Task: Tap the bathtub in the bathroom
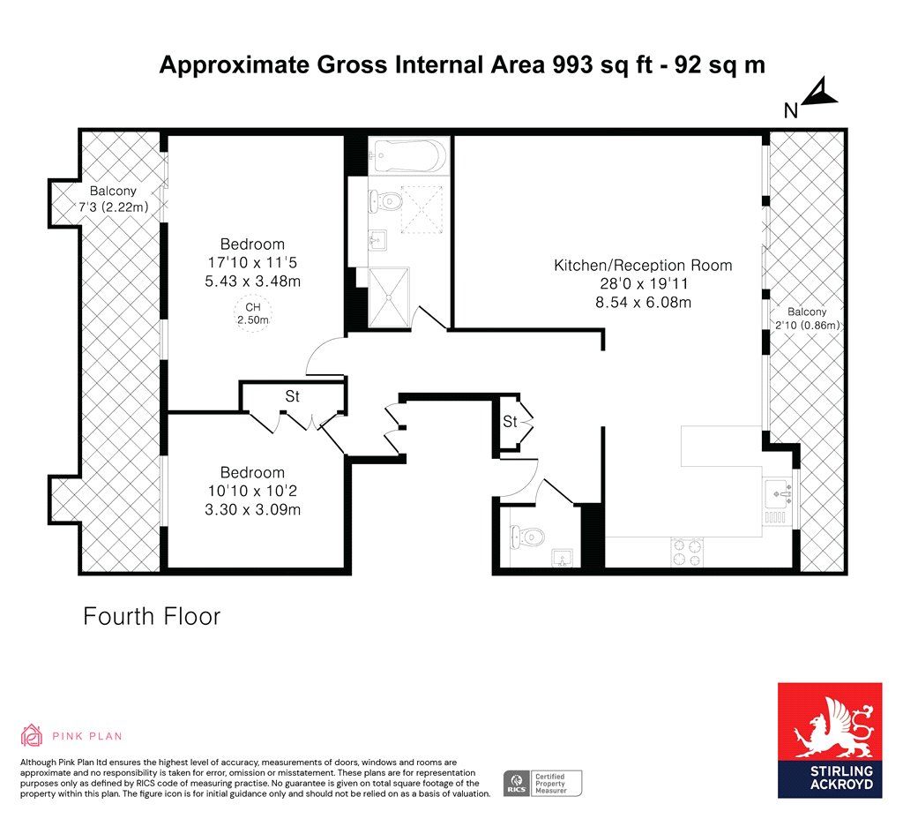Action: click(407, 155)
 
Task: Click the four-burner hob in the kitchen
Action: click(688, 552)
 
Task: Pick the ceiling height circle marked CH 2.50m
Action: click(253, 313)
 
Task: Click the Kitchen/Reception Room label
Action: click(643, 265)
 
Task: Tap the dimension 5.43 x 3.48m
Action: click(253, 282)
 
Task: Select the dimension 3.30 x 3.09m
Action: click(253, 509)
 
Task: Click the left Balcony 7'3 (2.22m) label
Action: click(113, 199)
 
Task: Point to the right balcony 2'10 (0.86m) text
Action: click(808, 325)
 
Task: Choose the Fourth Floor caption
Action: click(152, 616)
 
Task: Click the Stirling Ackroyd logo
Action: click(830, 740)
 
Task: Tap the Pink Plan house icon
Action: click(32, 735)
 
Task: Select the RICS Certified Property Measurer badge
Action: click(542, 784)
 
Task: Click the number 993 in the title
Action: click(572, 64)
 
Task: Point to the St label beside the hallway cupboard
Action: click(511, 421)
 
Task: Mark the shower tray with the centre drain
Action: click(389, 297)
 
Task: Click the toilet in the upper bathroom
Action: click(386, 201)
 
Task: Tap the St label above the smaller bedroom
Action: click(293, 396)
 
